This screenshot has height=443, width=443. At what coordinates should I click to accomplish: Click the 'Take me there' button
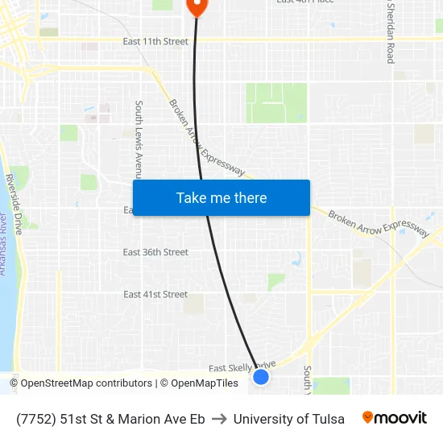click(221, 198)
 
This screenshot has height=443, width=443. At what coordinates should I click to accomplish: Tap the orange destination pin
click(197, 6)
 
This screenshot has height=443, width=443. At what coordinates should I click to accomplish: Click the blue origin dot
click(261, 376)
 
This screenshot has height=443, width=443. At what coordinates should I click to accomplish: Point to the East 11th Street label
click(155, 42)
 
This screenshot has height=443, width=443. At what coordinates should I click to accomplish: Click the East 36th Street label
click(155, 252)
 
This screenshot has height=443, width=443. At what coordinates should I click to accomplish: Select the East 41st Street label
click(155, 294)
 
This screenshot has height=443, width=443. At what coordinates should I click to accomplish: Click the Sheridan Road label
click(391, 32)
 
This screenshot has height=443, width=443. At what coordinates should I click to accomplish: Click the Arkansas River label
click(3, 246)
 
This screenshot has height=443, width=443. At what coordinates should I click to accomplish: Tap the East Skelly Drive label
click(242, 366)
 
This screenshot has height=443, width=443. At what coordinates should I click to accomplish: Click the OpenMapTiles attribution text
click(205, 383)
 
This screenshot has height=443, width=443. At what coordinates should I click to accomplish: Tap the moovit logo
click(394, 418)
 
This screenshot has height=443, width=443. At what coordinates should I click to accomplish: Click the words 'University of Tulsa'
click(288, 419)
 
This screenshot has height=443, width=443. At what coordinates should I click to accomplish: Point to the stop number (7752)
click(35, 419)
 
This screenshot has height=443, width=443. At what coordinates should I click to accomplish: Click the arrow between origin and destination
click(219, 419)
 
